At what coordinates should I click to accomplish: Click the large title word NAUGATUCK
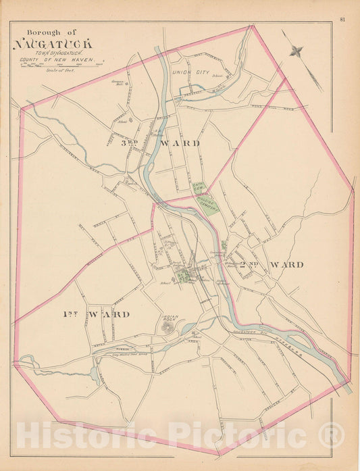click(54, 45)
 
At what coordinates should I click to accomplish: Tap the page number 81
click(342, 18)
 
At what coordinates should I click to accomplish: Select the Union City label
click(188, 71)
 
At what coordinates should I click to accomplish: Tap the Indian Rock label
click(169, 317)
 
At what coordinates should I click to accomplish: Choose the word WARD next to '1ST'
click(107, 314)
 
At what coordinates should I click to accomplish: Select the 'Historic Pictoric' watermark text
click(180, 435)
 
